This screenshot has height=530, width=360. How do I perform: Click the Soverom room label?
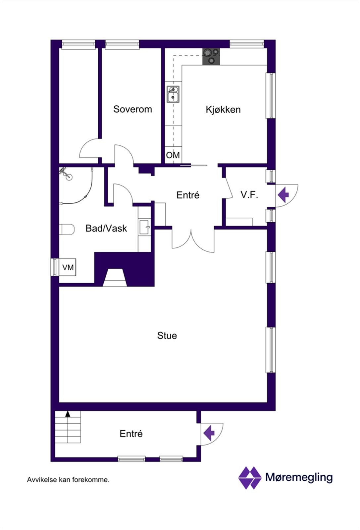132,109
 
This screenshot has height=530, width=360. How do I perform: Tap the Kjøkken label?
223,109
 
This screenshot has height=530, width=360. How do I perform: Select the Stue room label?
167,336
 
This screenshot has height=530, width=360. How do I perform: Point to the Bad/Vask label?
106,228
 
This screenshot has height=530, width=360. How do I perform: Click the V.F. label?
249,195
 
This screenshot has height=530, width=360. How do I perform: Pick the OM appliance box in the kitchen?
173,155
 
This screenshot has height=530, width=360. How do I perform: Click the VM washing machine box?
68,267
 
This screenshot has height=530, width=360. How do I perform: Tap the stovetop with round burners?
211,56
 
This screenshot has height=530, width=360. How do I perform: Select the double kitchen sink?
173,94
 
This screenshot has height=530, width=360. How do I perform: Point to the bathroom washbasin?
144,227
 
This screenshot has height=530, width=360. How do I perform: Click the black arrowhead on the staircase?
68,413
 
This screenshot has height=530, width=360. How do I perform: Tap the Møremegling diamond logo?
250,478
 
